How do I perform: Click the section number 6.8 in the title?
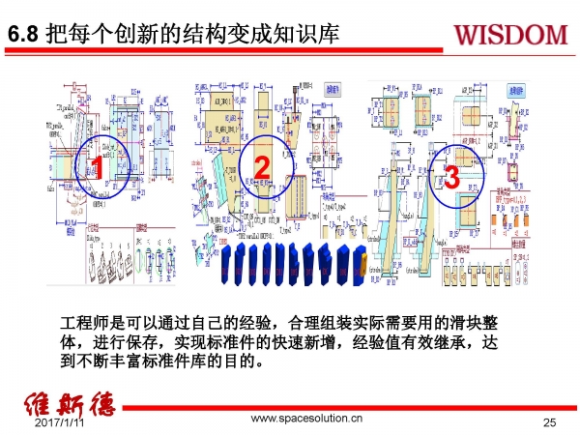tap(23, 36)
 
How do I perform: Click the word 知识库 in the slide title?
tap(310, 36)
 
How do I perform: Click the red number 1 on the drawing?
tap(98, 170)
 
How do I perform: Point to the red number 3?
tap(449, 177)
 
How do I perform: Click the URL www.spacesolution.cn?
tap(306, 420)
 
